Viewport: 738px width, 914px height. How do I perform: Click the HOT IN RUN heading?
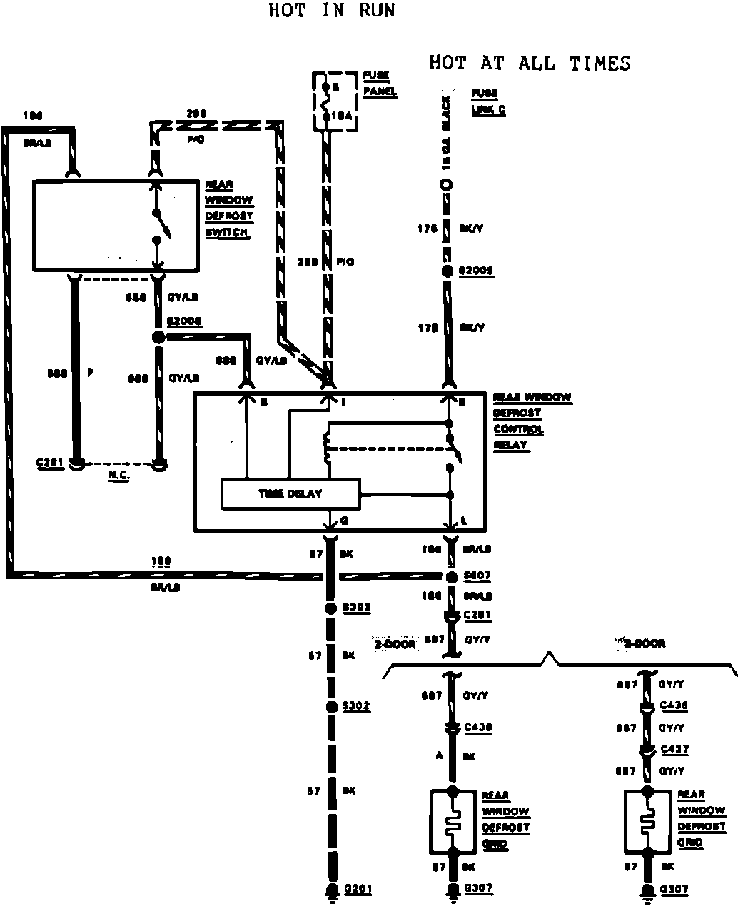(x=331, y=11)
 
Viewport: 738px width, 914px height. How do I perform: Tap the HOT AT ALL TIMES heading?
(x=530, y=63)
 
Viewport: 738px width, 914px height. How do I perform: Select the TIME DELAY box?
(x=290, y=493)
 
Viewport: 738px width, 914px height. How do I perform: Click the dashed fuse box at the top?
(x=336, y=101)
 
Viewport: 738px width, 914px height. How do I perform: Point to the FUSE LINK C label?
(x=485, y=101)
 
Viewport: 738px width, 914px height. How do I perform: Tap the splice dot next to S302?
(x=330, y=707)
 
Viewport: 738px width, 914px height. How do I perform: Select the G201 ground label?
(x=358, y=889)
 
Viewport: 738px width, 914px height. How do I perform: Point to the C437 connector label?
(x=674, y=749)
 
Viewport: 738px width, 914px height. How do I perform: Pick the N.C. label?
(x=118, y=475)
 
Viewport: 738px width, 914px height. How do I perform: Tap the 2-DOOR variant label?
(x=395, y=643)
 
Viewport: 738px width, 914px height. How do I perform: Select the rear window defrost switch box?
(x=116, y=226)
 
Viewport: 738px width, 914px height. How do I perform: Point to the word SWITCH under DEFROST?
(x=227, y=232)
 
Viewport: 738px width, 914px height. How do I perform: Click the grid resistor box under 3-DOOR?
(x=647, y=821)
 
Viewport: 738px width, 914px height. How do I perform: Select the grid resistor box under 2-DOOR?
(x=452, y=821)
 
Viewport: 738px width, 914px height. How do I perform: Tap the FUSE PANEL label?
(x=379, y=84)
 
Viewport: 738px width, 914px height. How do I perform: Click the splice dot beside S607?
(x=451, y=576)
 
